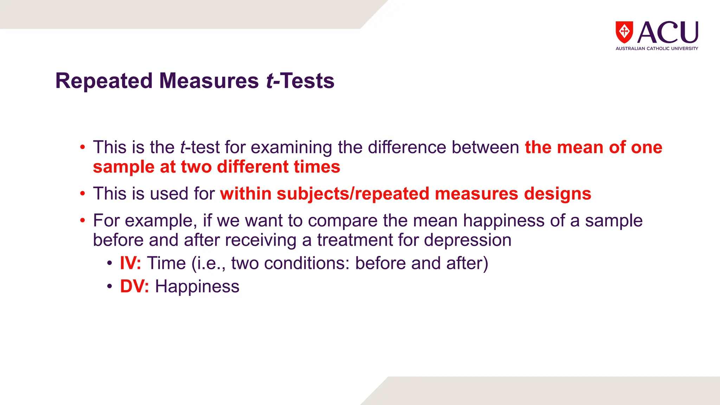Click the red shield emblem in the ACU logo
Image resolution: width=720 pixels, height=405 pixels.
624,32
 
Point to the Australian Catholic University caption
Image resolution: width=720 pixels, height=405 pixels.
657,49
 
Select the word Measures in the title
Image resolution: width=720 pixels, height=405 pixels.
209,81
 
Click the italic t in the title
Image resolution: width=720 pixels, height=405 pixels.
270,81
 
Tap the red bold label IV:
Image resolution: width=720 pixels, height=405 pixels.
130,263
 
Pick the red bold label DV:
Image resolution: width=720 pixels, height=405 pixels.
134,286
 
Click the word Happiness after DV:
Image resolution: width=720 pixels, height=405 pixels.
197,286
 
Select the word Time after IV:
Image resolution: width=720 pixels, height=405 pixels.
166,263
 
